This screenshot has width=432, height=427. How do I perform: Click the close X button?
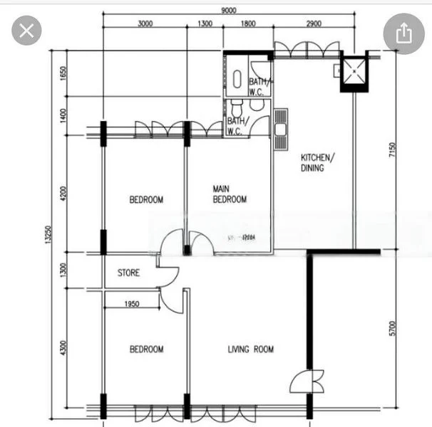click(26, 31)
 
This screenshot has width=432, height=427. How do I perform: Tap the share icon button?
click(403, 33)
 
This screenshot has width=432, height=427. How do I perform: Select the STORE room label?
click(128, 273)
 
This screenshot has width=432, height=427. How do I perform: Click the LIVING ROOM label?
click(250, 349)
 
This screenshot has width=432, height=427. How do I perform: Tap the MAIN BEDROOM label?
click(230, 194)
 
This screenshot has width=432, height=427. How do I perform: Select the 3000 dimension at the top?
click(145, 23)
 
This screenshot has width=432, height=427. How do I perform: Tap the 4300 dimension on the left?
click(63, 349)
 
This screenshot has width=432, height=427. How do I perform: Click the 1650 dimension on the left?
click(63, 74)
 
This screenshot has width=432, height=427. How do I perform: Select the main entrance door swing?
click(303, 383)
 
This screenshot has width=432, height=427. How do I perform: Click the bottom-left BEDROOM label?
click(146, 349)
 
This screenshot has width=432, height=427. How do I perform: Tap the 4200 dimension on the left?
click(63, 194)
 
